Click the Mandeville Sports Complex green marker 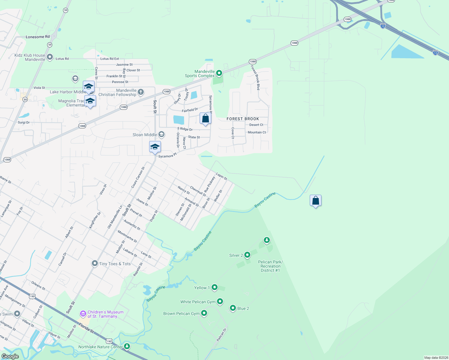[x=219, y=73]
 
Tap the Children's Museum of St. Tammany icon [x=83, y=314]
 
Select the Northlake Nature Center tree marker [x=127, y=346]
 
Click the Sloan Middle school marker [x=161, y=134]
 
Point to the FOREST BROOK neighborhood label [x=243, y=119]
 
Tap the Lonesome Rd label [x=38, y=37]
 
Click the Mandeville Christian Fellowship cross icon [x=141, y=92]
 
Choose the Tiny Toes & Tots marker [x=95, y=263]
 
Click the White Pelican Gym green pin [x=220, y=301]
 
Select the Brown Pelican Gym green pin [x=204, y=313]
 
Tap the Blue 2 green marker [x=233, y=308]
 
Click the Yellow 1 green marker [x=214, y=287]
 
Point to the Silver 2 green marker [x=247, y=255]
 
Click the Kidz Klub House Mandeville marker [x=50, y=57]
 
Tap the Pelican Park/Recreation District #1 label [x=270, y=266]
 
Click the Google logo [x=10, y=356]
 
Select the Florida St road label [x=86, y=328]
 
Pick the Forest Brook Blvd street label [x=256, y=78]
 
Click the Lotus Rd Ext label [x=110, y=59]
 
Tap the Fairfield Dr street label [x=190, y=110]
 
